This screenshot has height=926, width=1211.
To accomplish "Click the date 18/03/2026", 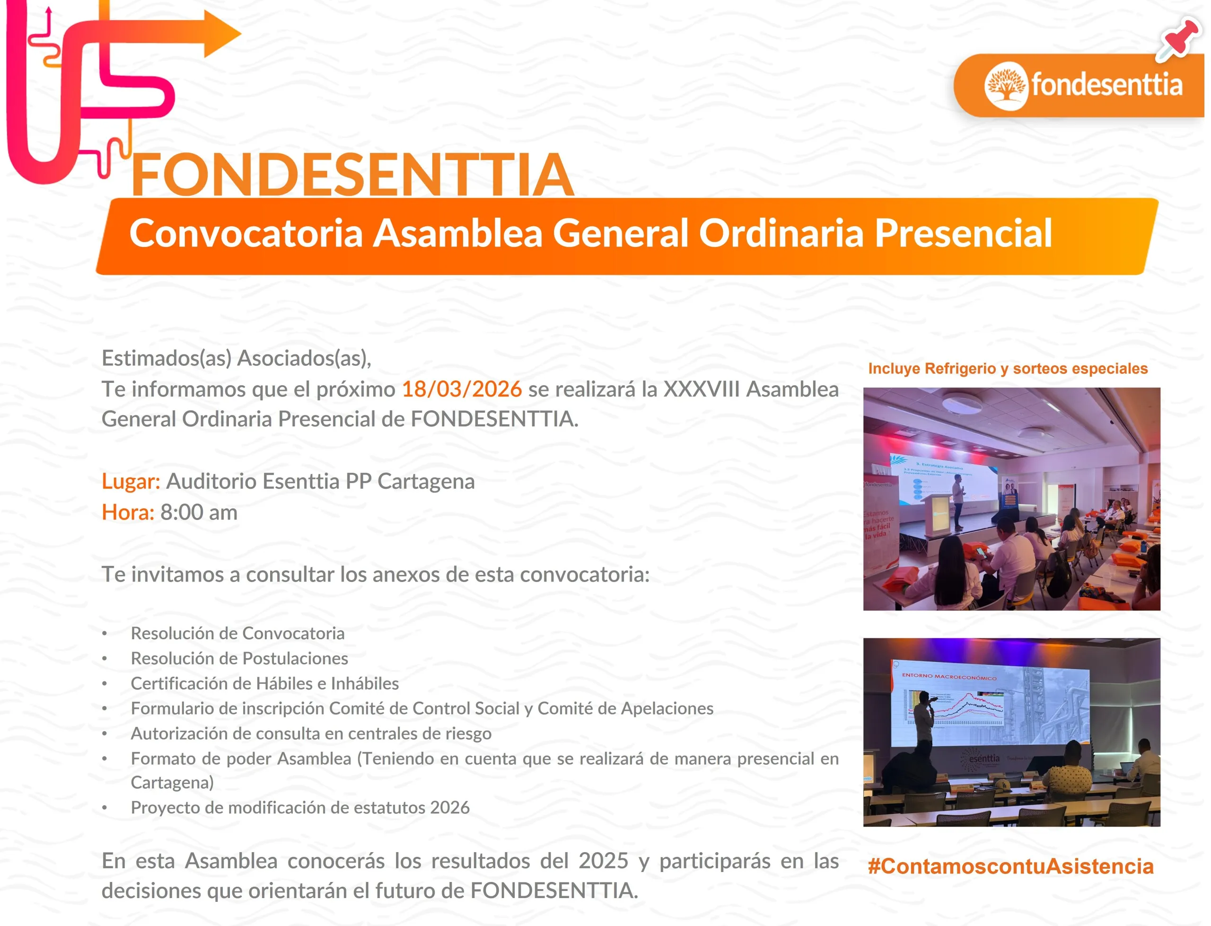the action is point(462,389).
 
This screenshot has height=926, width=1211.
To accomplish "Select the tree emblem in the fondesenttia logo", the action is point(1006,86).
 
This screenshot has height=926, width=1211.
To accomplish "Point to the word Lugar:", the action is point(131,482).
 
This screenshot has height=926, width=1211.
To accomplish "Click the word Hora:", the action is point(128,512).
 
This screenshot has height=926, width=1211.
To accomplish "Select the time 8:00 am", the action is point(199,512).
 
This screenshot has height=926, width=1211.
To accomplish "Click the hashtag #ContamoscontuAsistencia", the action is point(1010,866).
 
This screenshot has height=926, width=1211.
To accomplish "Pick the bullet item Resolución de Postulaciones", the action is point(239,659).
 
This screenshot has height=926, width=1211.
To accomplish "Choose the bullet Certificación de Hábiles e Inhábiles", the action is point(264,683).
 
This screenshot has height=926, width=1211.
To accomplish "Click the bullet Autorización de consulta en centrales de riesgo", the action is point(311,733).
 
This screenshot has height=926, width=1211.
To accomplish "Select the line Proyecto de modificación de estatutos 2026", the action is point(300,808).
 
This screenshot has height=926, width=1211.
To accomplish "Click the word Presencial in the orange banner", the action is point(964,233).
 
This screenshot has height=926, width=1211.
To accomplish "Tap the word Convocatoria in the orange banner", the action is point(246,233).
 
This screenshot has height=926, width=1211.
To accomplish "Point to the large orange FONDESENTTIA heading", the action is point(352,175).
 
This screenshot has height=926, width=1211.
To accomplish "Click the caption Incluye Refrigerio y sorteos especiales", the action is point(1008,368).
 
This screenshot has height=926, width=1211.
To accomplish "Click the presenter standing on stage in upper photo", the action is point(959,502).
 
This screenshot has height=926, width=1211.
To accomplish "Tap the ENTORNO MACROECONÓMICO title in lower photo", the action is point(949,676).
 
